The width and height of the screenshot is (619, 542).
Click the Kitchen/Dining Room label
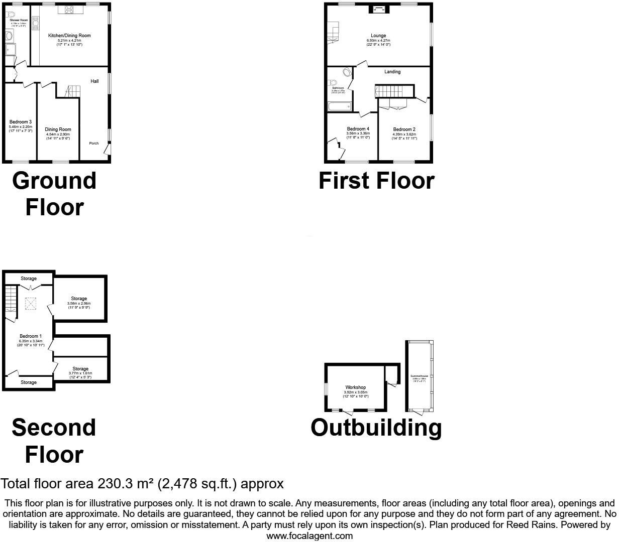pos(69,36)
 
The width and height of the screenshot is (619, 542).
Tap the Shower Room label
pos(19,20)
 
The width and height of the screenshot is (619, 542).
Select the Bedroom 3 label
pos(21,122)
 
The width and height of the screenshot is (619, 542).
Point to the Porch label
pos(94,144)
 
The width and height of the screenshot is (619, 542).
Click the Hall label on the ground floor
pos(94,81)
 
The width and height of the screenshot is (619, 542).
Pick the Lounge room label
pos(378,36)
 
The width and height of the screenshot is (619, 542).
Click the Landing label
pos(392,72)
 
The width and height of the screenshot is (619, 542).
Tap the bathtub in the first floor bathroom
pos(339,106)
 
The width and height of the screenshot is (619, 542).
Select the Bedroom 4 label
pos(358,129)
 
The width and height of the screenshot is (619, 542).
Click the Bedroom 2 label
pos(404,129)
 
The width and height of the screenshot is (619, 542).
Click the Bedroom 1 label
pos(31,336)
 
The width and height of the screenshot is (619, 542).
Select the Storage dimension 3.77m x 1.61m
pos(80,373)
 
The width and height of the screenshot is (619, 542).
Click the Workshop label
pos(356,387)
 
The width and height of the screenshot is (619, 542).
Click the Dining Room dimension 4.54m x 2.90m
pos(58,134)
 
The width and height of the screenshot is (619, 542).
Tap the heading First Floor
pos(376,181)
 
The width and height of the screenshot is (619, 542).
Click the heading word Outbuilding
pos(376,428)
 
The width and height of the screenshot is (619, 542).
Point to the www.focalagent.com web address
pos(309,535)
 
